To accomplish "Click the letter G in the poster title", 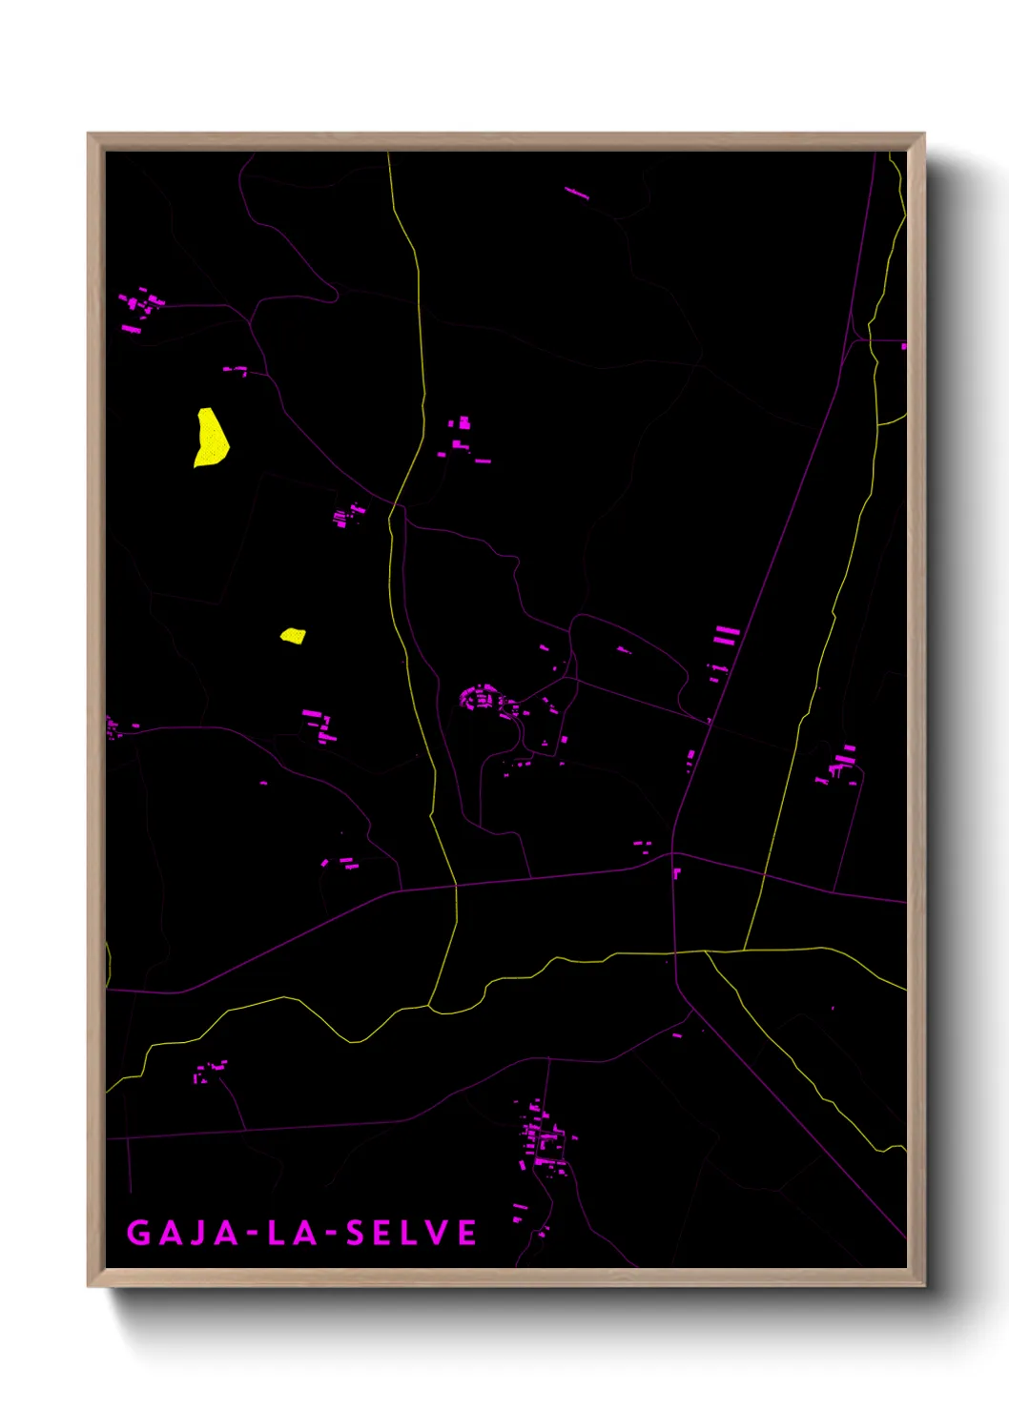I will coord(138,1233).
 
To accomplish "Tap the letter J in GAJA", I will coord(198,1233).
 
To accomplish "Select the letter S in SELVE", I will coord(355,1233).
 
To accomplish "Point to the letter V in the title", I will coord(438,1233).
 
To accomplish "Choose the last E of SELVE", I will coord(467,1233).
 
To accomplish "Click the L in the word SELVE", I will coord(411,1233).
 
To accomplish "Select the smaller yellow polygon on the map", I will coord(293,636).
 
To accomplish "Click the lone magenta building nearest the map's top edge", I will coord(577,194).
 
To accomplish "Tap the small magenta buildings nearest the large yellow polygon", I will coord(236,370).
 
